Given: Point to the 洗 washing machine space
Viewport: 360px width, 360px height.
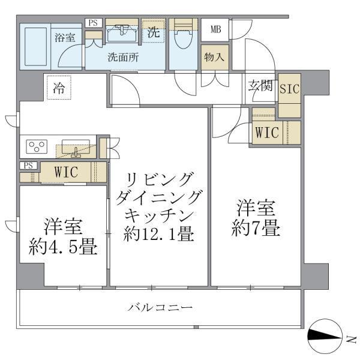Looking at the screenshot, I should coord(154,32).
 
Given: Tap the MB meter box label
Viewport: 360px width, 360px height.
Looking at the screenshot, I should coord(214,28).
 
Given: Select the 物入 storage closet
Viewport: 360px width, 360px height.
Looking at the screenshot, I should coord(214,58).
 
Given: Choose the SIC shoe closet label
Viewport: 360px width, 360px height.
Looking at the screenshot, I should coord(290,88).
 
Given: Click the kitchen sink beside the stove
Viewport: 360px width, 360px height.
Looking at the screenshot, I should coord(75,148).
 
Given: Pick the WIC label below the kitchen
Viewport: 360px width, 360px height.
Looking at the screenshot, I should coord(66,171).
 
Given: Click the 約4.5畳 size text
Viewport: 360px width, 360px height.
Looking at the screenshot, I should coord(63,247).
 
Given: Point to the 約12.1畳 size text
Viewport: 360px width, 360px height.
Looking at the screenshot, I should coord(158,233).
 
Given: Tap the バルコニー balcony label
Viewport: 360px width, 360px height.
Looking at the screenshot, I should coord(160,308).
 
